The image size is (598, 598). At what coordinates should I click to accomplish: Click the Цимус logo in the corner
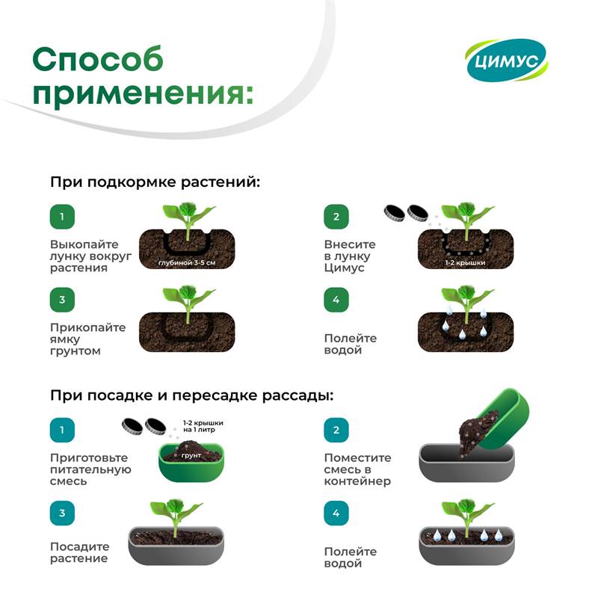507,61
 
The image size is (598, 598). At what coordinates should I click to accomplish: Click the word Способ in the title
98,59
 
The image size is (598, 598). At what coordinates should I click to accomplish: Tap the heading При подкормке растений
155,182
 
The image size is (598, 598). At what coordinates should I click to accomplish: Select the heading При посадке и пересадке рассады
192,395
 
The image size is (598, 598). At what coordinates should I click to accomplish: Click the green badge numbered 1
62,217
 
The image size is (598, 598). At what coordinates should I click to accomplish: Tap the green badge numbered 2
336,217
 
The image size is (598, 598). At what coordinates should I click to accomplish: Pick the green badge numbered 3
62,300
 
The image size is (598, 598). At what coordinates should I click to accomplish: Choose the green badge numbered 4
336,300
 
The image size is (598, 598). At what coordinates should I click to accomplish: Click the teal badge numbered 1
62,431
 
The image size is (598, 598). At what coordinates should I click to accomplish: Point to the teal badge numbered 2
336,431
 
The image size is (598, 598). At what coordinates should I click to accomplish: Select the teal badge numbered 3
62,513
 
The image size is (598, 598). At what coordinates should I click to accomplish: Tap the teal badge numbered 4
336,513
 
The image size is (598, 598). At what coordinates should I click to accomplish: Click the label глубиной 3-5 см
186,262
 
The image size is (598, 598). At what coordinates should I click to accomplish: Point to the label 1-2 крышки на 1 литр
203,426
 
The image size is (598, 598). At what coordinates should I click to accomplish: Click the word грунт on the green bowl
191,455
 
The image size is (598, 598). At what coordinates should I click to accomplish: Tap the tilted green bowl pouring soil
503,419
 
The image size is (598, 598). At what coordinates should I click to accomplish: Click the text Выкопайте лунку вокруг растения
90,256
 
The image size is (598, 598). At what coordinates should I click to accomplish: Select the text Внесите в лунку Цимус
350,256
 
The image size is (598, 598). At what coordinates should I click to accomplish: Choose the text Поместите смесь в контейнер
357,469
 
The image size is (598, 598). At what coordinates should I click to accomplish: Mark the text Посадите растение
79,552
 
